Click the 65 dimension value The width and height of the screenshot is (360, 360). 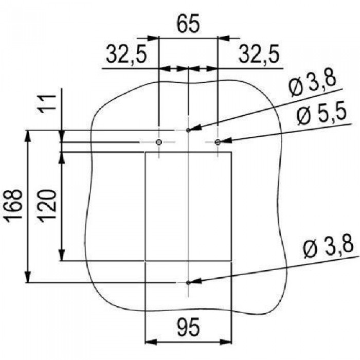tap(188, 24)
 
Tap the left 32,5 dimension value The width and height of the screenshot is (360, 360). tap(126, 55)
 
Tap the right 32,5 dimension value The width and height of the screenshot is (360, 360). tap(259, 55)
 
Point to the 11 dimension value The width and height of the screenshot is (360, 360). tap(47, 103)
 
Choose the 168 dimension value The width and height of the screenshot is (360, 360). tap(14, 206)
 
